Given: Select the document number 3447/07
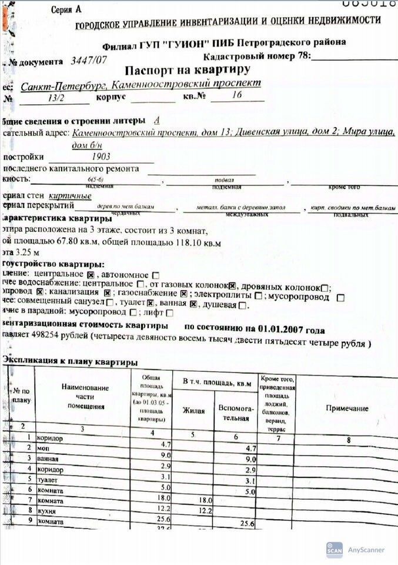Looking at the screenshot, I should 88,60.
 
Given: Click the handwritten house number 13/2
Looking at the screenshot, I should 59,99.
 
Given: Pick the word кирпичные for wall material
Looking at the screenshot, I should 69,195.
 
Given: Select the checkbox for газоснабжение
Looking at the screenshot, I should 183,294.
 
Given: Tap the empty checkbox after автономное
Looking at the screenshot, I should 156,275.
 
